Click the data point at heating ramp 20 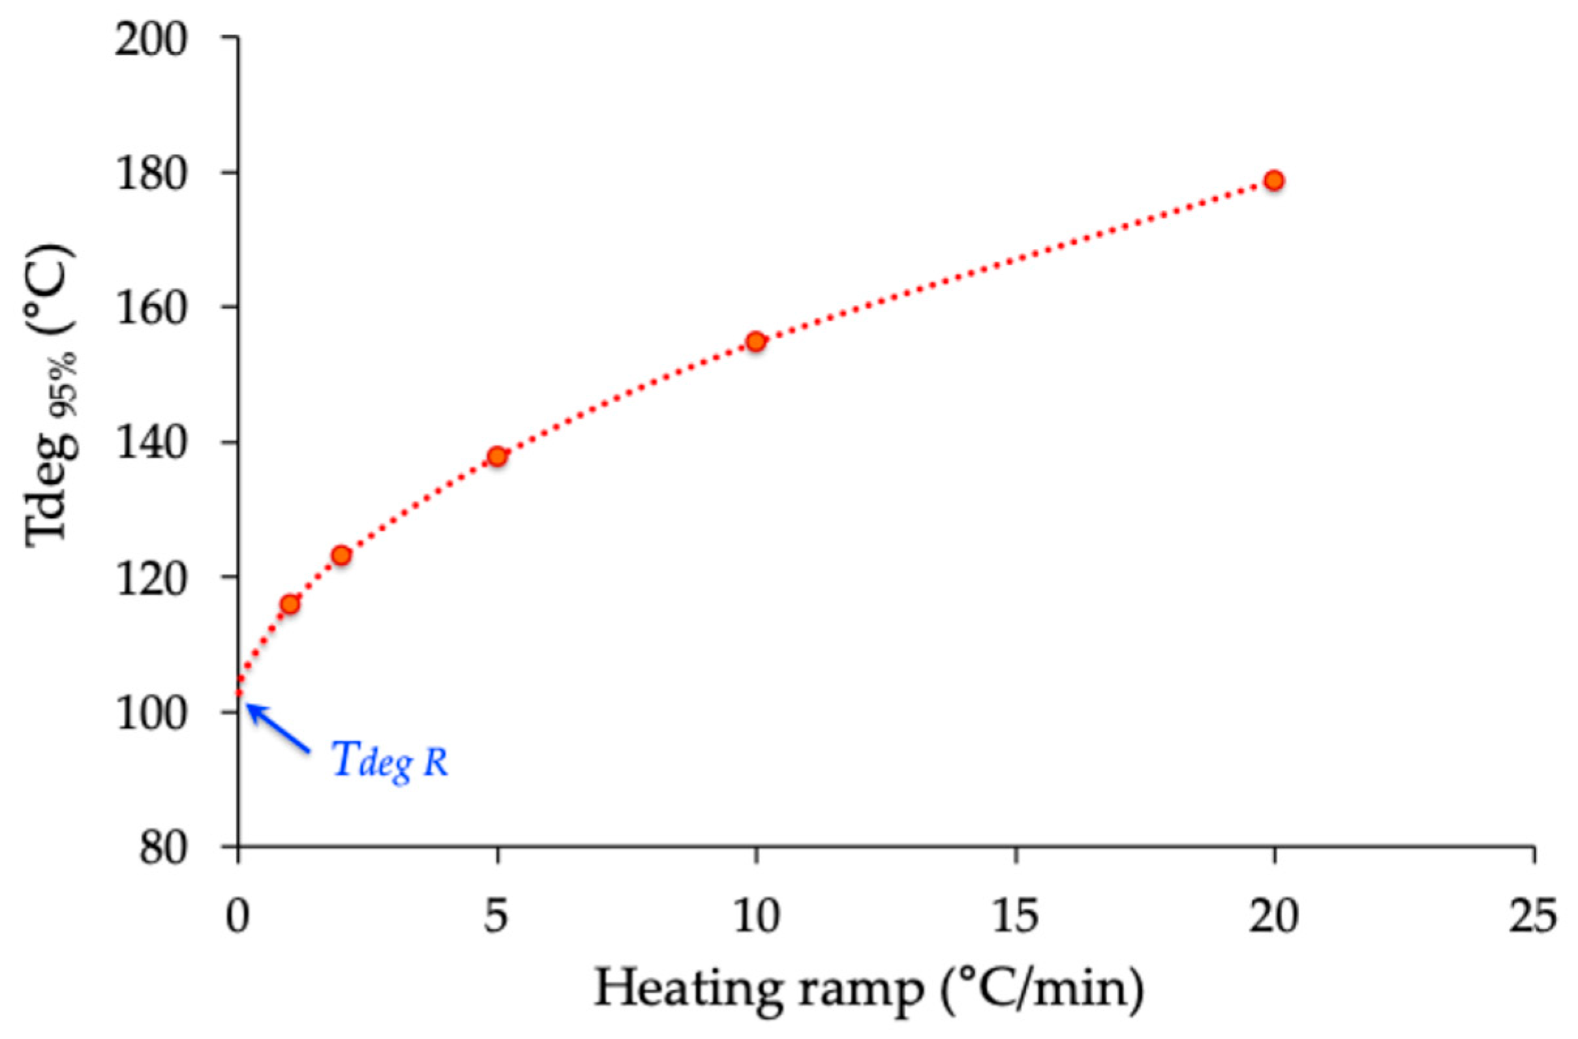(x=1273, y=181)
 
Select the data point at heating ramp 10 (x=756, y=342)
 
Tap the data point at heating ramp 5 (x=497, y=456)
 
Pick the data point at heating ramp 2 (x=341, y=555)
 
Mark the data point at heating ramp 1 (x=290, y=604)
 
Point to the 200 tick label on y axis (x=152, y=41)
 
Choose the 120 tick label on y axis (x=152, y=578)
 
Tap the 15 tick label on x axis (x=1015, y=918)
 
